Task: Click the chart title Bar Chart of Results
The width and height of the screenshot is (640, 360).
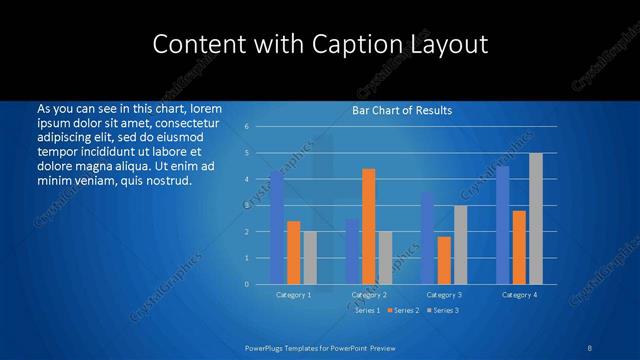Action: pos(402,110)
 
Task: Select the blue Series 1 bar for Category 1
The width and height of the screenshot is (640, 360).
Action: pos(277,228)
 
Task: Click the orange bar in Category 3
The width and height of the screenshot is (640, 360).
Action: pos(444,260)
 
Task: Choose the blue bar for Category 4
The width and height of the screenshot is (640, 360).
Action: pos(502,225)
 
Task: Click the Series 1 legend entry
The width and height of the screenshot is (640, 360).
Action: pos(367,311)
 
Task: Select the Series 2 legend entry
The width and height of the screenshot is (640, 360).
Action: pos(402,311)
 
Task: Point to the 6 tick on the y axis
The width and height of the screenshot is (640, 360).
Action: pos(247,127)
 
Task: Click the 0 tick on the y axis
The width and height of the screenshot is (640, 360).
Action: pos(247,284)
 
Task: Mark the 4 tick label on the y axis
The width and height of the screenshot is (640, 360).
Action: pos(247,179)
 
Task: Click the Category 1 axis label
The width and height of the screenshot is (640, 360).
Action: pos(293,295)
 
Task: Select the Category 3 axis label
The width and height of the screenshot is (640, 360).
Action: pos(444,295)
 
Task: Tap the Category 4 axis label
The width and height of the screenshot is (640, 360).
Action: pos(519,295)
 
